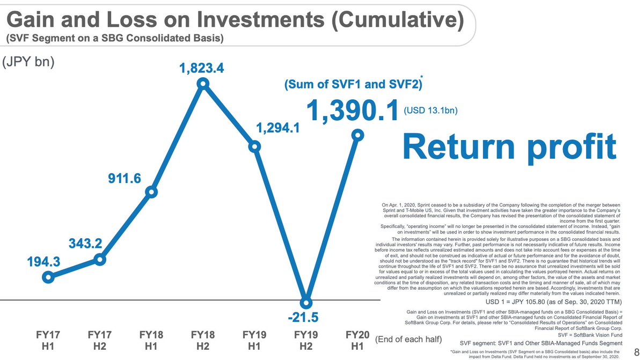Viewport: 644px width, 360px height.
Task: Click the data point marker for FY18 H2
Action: [203, 83]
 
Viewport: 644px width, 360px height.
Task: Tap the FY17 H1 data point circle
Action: [49, 277]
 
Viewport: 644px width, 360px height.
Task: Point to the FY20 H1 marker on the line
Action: [357, 135]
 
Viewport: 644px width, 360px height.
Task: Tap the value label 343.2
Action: [85, 244]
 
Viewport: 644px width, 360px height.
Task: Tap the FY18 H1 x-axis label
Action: [151, 341]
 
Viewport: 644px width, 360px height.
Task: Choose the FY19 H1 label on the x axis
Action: [254, 341]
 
